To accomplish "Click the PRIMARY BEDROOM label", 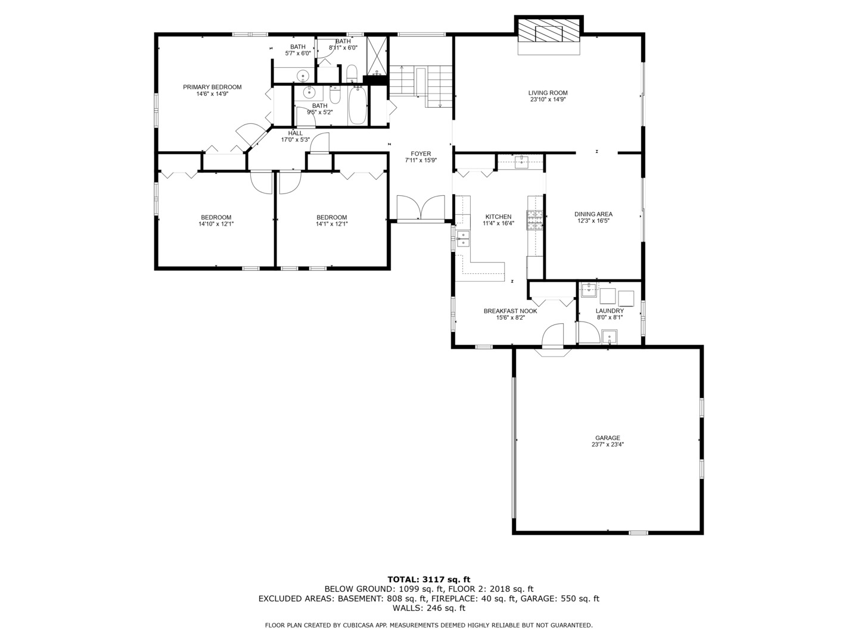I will (212, 87).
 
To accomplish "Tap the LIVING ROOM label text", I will (548, 93).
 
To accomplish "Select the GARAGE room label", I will (607, 438).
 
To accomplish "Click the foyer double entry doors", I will (421, 208).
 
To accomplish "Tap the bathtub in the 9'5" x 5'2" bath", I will (357, 105).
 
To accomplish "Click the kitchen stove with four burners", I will (534, 220).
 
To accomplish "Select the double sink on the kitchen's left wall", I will (463, 238).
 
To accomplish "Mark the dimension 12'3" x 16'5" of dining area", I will (593, 221).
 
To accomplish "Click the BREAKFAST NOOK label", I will (510, 311).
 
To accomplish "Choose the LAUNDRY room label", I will (610, 311).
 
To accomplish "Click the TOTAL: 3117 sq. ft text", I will (428, 579).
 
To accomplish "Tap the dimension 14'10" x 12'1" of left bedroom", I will (216, 224).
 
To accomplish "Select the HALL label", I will (295, 133).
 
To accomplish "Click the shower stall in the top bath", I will (377, 55).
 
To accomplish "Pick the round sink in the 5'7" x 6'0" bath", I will (303, 76).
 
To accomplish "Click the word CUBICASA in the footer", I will (363, 625).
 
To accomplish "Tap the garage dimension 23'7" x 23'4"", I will (607, 444).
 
